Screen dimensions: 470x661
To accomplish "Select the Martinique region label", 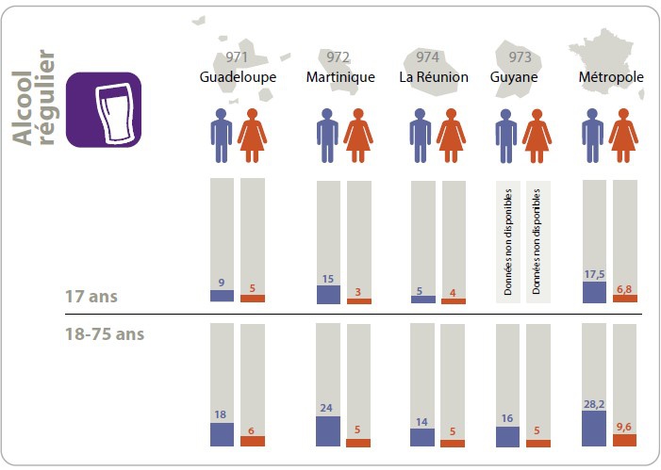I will pyautogui.click(x=340, y=77).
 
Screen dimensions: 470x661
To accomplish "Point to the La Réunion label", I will pyautogui.click(x=434, y=77).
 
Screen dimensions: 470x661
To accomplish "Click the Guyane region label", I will pyautogui.click(x=514, y=77).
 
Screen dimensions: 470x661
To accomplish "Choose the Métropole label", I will pyautogui.click(x=610, y=77).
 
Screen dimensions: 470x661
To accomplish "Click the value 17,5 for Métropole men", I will pyautogui.click(x=594, y=274).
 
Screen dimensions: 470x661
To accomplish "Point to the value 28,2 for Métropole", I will pyautogui.click(x=594, y=403).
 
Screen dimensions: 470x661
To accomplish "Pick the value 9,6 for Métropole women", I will pyautogui.click(x=625, y=426).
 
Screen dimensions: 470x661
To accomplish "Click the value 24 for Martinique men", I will pyautogui.click(x=328, y=409).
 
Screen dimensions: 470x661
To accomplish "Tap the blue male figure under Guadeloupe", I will pyautogui.click(x=222, y=135).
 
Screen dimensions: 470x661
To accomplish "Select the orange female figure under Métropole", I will pyautogui.click(x=624, y=135).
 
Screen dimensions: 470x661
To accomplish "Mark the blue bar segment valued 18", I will pyautogui.click(x=222, y=434).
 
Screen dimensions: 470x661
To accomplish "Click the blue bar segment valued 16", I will pyautogui.click(x=507, y=436).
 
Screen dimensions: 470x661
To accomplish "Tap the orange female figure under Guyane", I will pyautogui.click(x=538, y=135).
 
